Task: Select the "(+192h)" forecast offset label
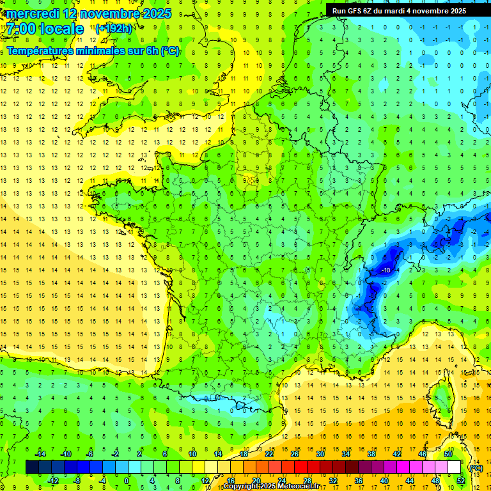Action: point(114,29)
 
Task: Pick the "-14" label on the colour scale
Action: point(40,453)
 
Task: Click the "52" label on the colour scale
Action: point(460,480)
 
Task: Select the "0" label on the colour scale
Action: point(127,480)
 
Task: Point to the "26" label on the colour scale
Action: point(294,453)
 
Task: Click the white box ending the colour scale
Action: point(454,467)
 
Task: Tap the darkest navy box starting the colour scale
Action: point(32,467)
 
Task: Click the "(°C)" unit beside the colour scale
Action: point(476,467)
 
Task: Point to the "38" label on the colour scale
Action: point(371,453)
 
